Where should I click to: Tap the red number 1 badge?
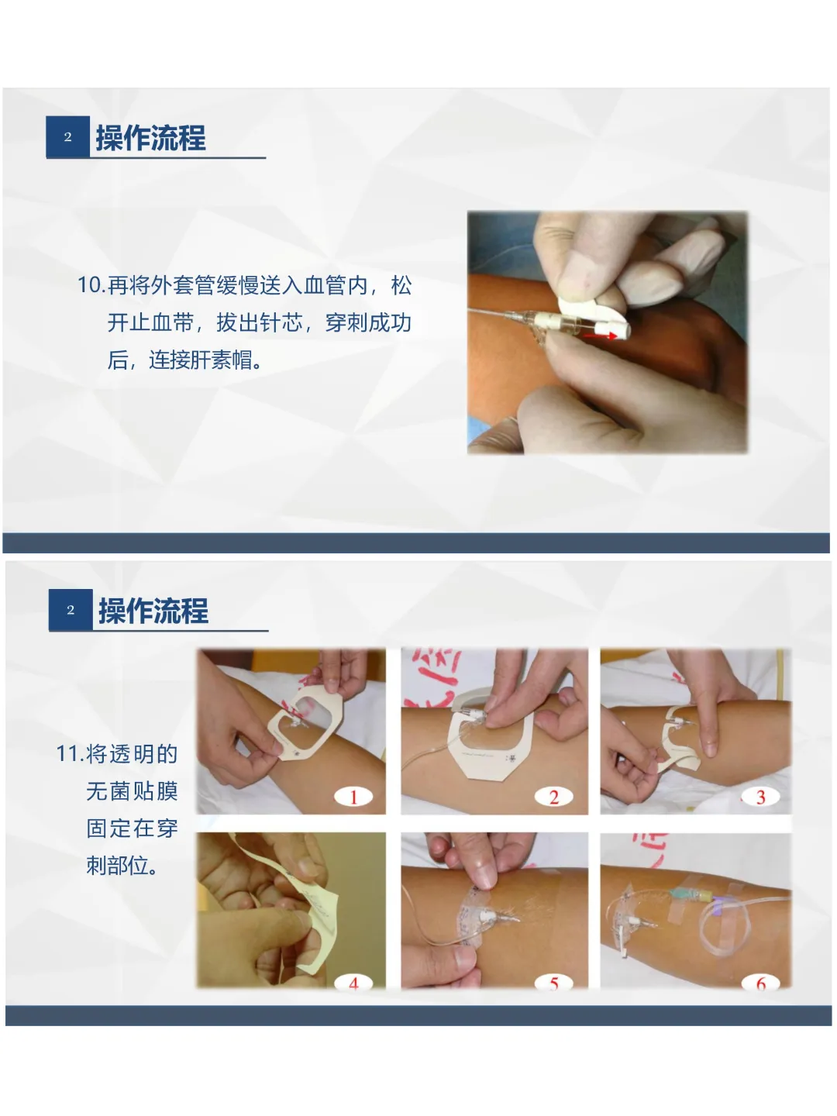[353, 797]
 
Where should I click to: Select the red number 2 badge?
[554, 797]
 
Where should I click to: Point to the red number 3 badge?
[761, 797]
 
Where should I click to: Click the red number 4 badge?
[353, 982]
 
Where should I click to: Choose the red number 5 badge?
[554, 982]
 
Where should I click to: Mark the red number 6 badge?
[761, 982]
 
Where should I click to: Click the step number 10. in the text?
[91, 285]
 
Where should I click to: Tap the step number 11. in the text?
[70, 753]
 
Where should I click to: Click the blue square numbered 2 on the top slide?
[67, 136]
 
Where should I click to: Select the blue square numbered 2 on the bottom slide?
[71, 610]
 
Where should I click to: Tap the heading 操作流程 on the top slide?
[151, 137]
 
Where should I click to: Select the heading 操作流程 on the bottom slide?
[153, 610]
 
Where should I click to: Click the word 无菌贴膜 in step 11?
[132, 791]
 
